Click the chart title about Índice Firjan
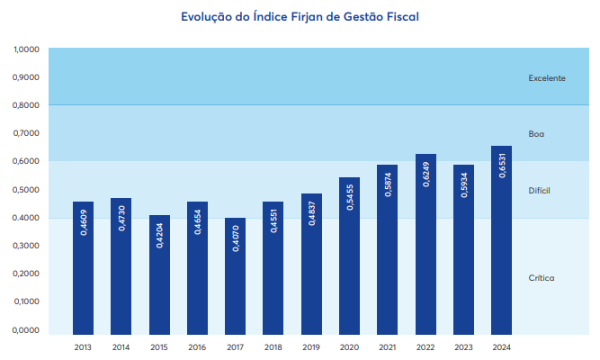coord(300,15)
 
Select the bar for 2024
coord(501,238)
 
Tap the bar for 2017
coord(235,274)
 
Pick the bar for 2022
coord(425,243)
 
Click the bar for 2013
coord(83,266)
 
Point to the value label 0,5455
coord(350,193)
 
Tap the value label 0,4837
coord(311,210)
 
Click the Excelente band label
coord(546,78)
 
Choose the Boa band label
coord(536,134)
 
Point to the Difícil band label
coord(539,191)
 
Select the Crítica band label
coord(541,278)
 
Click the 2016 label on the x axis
coord(197,346)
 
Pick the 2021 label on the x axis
coord(388,346)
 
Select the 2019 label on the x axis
coord(311,346)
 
